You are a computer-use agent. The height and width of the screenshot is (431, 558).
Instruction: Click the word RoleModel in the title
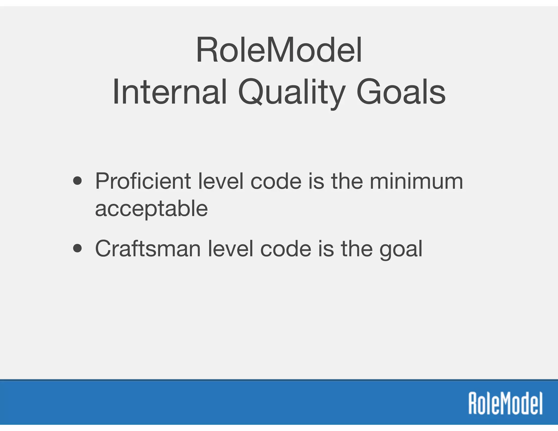click(279, 51)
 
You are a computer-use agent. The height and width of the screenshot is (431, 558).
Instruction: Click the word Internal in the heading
click(169, 92)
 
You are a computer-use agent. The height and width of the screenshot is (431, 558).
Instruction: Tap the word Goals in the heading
click(401, 92)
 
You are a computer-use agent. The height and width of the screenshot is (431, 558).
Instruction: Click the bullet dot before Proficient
click(78, 181)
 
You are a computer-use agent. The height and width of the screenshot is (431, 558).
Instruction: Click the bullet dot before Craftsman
click(78, 248)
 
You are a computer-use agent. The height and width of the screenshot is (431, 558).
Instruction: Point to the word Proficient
click(143, 181)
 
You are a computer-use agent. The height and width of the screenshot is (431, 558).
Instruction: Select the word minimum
click(416, 181)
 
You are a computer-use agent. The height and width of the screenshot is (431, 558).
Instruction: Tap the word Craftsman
click(148, 249)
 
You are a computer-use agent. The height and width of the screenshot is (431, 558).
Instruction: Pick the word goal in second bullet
click(401, 249)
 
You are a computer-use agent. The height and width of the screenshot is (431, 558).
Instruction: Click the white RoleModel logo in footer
click(505, 403)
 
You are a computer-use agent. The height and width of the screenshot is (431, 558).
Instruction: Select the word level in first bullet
click(220, 181)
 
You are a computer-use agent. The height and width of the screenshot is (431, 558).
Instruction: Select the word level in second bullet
click(231, 249)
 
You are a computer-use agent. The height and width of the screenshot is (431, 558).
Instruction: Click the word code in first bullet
click(276, 181)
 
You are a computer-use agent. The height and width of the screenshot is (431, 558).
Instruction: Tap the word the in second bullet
click(357, 249)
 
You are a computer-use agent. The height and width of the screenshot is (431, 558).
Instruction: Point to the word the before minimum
click(347, 181)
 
